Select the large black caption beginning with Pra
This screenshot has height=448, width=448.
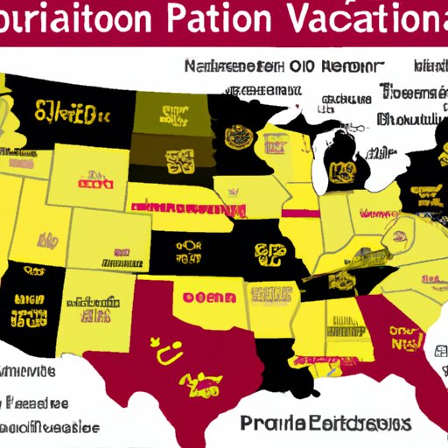click(323, 424)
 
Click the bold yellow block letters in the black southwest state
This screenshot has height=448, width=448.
click(30, 308)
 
